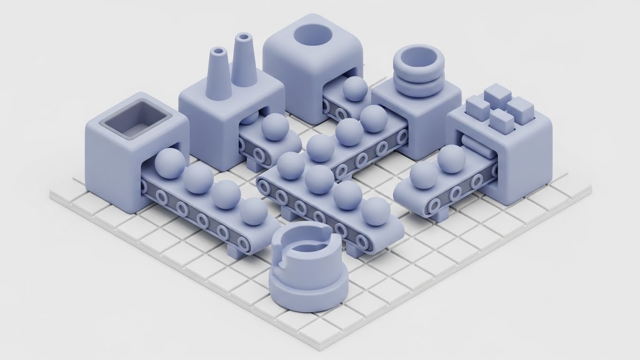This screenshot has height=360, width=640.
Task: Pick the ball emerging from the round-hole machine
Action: click(x=355, y=89)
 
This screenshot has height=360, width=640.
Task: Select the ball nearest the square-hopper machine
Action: click(x=170, y=163)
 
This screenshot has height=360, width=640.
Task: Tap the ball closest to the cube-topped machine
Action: click(x=451, y=158)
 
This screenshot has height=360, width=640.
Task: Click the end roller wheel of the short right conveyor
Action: click(x=434, y=205)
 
